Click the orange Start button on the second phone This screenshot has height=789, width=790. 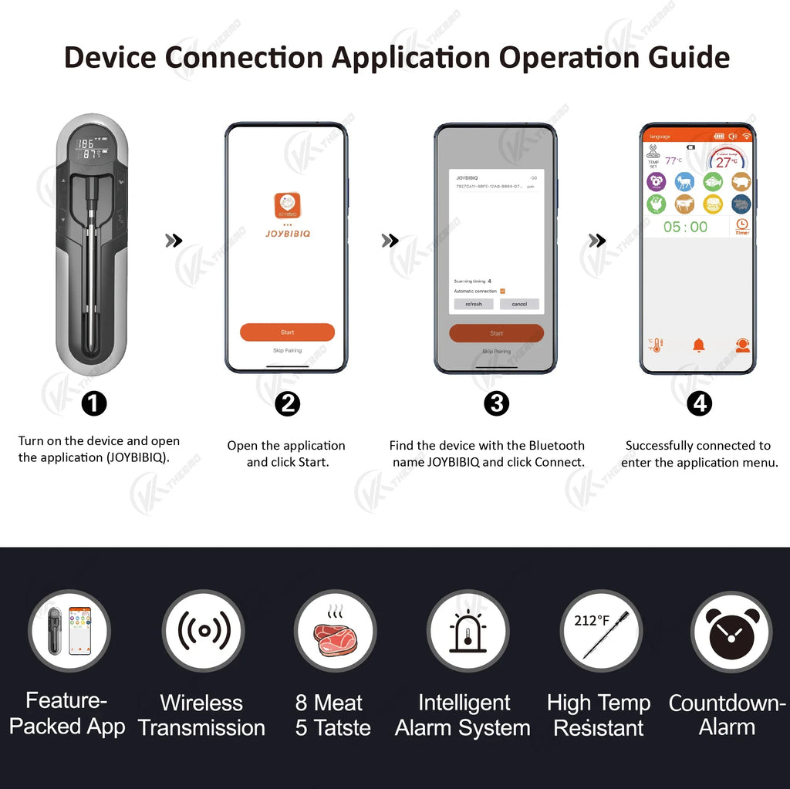[287, 332]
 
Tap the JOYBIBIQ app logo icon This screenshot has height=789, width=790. [287, 206]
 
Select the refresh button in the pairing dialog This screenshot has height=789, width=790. [473, 304]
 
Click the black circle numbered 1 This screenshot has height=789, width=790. [94, 403]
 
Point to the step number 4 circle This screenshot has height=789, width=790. [699, 403]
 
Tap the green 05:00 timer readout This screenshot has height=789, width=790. [685, 227]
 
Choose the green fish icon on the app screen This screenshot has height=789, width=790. [712, 181]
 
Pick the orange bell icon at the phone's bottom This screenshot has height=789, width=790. [699, 345]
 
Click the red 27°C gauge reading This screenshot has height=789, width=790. [726, 162]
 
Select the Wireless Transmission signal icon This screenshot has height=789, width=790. [204, 631]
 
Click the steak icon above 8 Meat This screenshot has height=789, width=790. [335, 631]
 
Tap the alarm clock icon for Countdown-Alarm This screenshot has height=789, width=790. [731, 631]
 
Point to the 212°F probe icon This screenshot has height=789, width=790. [600, 631]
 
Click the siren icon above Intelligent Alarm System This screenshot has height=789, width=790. [468, 631]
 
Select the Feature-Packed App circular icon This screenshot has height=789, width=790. [69, 631]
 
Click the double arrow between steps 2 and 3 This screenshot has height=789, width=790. [390, 241]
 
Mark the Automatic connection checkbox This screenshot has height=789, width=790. [502, 291]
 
